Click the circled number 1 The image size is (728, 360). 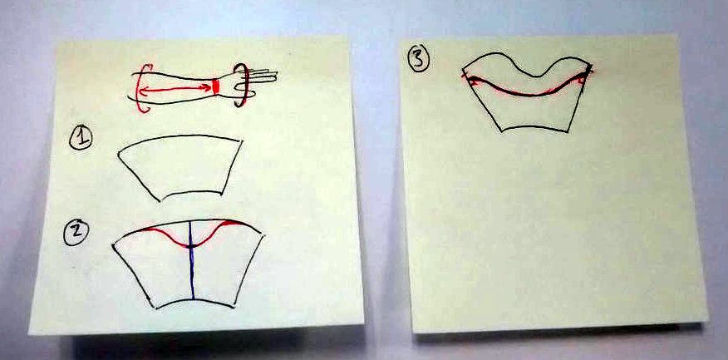pos(81,138)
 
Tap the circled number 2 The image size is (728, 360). pos(76,232)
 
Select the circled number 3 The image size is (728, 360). pos(419,60)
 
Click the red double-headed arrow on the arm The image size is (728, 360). pos(175,88)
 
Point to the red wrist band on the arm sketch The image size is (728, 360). pos(215,86)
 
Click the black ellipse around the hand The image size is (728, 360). pos(241,85)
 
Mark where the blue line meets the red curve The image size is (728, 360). pos(191,245)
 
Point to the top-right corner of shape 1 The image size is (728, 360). pos(242,141)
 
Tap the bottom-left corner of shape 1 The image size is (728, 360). pos(160,201)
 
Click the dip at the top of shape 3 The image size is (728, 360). pos(538,76)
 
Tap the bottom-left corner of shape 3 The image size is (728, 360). pos(502,131)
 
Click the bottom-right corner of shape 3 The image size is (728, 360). pos(567,131)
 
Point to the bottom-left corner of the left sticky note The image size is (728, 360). pos(29,333)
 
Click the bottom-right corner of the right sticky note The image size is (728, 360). pos(707,321)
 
